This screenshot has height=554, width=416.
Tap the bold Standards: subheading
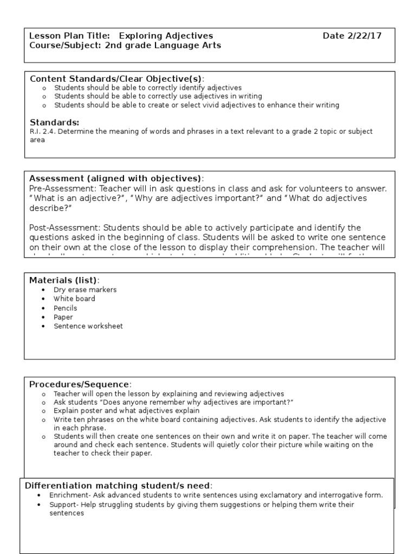(x=54, y=122)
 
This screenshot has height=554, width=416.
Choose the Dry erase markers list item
(x=85, y=289)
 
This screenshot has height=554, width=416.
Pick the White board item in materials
(x=74, y=299)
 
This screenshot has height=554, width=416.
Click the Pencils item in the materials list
(x=65, y=308)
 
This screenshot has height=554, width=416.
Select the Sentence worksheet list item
(x=88, y=326)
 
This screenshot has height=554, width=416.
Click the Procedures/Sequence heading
(x=80, y=384)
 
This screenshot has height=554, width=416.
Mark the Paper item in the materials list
(x=63, y=317)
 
